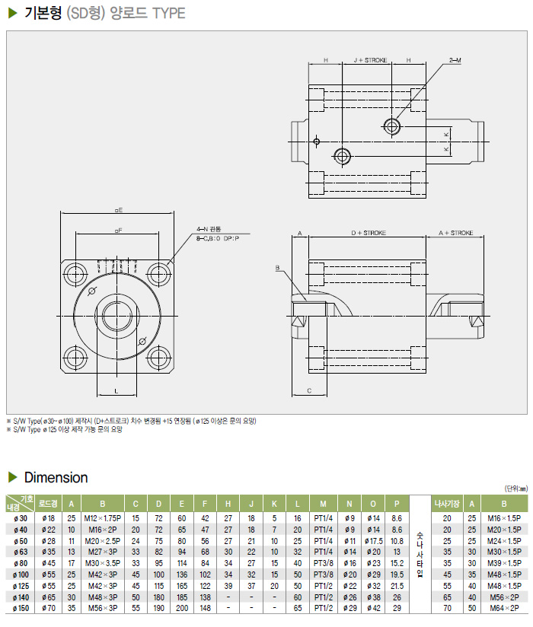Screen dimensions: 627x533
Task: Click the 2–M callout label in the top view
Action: (x=455, y=59)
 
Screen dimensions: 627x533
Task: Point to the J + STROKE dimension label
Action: (x=370, y=59)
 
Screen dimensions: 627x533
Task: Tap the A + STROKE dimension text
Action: (x=455, y=233)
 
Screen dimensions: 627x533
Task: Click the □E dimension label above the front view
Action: (x=118, y=208)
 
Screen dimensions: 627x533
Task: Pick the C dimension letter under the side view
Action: (x=308, y=390)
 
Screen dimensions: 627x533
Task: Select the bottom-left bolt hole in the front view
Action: (x=76, y=355)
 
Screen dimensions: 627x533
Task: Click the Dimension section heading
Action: (x=56, y=478)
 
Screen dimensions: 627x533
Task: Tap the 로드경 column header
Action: (x=49, y=503)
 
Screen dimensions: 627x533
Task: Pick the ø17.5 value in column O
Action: (x=374, y=540)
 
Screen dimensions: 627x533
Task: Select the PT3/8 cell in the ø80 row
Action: (x=323, y=563)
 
